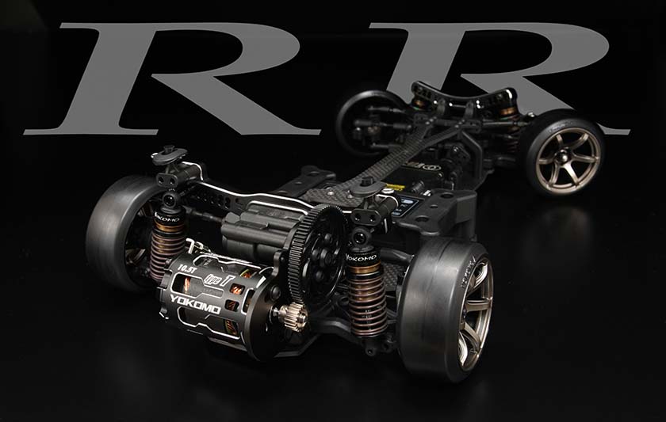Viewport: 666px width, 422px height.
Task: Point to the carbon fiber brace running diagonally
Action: click(x=420, y=150)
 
